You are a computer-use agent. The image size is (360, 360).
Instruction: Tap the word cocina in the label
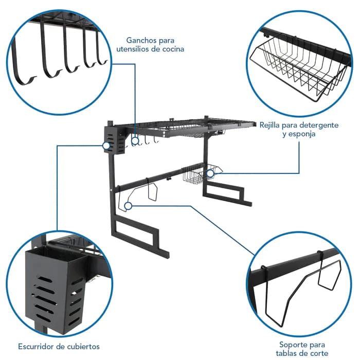(173, 49)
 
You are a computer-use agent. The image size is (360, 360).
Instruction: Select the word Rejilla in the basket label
(269, 125)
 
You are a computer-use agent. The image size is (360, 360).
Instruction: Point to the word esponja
(302, 134)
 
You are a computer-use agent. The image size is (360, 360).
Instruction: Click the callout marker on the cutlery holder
(106, 146)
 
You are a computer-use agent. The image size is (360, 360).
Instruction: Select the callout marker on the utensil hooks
(135, 141)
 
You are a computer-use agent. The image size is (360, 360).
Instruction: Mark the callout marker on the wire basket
(210, 174)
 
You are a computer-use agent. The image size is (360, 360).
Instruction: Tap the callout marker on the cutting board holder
(128, 206)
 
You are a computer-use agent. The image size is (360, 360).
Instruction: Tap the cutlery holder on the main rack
(115, 140)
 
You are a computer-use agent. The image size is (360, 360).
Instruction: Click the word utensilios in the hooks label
(132, 49)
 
